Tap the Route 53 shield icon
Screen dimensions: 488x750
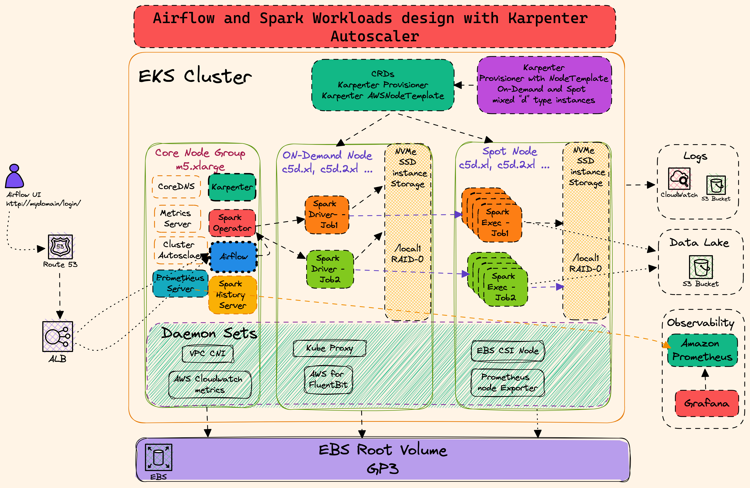click(60, 247)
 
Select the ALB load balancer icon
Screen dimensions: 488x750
click(58, 336)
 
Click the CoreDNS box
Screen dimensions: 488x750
click(176, 187)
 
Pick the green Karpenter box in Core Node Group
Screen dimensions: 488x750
click(232, 187)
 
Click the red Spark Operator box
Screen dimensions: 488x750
click(232, 223)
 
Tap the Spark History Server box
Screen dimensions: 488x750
click(233, 295)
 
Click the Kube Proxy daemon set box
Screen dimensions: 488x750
click(330, 348)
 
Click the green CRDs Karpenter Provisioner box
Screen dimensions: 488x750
click(382, 85)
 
